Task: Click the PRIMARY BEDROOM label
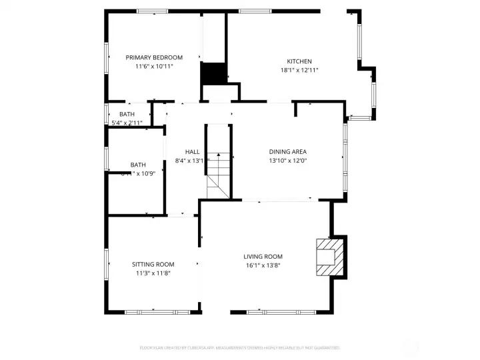click(154, 57)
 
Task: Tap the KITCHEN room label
click(299, 61)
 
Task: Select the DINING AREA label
click(287, 151)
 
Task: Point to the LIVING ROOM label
click(263, 257)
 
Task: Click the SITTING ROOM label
click(153, 265)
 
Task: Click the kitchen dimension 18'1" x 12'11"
click(299, 70)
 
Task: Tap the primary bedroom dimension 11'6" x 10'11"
click(154, 66)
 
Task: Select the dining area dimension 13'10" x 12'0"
click(287, 160)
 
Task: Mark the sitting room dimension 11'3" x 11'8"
click(153, 273)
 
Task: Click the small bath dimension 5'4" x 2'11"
click(127, 123)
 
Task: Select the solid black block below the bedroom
click(213, 73)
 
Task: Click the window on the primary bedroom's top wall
click(152, 11)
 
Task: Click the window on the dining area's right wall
click(345, 151)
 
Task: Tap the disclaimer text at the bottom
click(240, 347)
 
